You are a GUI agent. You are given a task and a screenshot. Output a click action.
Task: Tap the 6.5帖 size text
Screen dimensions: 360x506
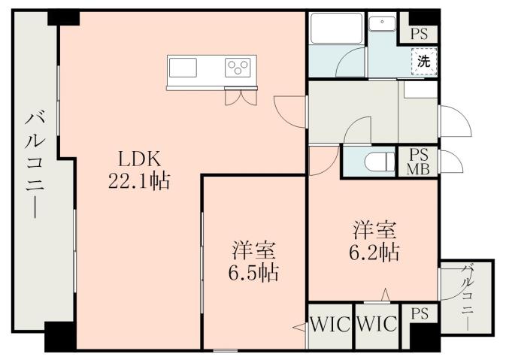[x=254, y=272]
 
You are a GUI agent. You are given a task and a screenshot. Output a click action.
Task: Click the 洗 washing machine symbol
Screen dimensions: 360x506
[x=424, y=62]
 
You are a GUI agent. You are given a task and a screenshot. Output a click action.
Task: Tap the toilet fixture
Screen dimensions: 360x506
[x=377, y=161]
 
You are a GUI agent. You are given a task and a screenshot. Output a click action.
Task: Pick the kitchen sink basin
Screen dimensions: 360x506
[x=183, y=68]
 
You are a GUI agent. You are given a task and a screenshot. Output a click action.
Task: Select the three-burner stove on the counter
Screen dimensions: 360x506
[x=238, y=68]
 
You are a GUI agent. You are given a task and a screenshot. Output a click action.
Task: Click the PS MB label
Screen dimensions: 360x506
[x=418, y=160]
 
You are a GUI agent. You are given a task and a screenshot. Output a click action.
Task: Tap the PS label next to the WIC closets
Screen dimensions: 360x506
[x=419, y=314]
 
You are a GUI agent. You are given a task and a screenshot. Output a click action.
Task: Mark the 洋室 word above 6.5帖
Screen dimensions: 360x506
[x=254, y=250]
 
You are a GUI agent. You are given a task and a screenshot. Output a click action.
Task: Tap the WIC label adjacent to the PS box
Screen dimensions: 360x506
[x=376, y=325]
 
